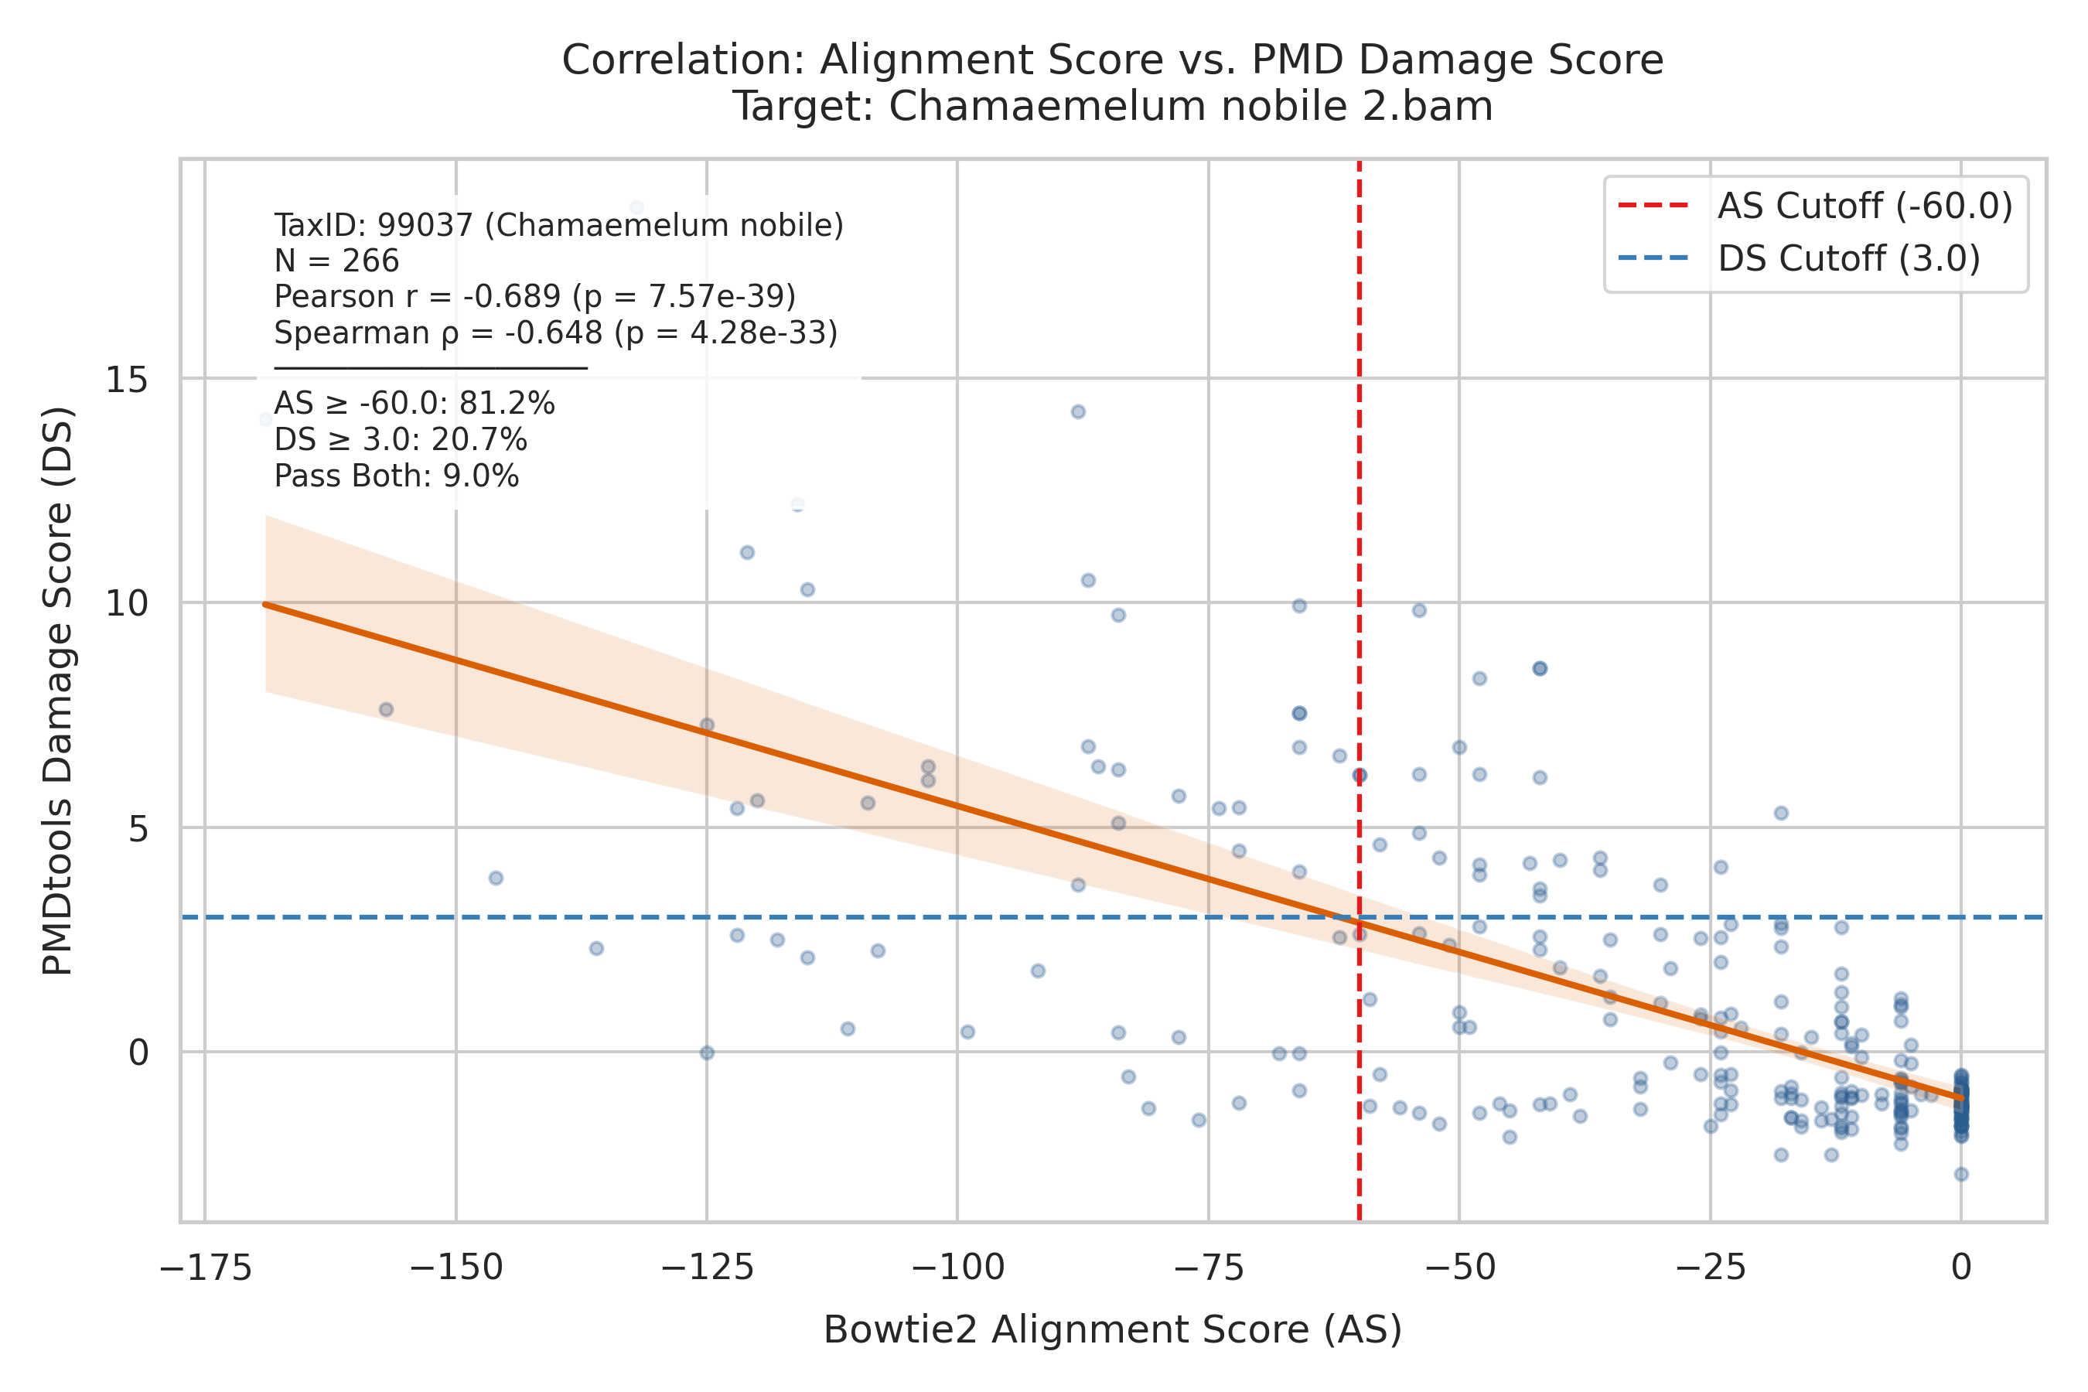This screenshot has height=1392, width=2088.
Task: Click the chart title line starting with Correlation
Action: click(x=1112, y=60)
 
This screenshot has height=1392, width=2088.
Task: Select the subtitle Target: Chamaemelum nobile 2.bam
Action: click(x=1112, y=107)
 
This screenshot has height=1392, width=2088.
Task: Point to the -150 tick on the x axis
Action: click(x=456, y=1267)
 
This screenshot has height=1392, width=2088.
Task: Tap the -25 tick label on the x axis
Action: click(x=1711, y=1267)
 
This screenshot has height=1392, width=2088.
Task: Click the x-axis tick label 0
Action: click(x=1962, y=1267)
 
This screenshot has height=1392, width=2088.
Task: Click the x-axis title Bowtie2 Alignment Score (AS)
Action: click(x=1112, y=1331)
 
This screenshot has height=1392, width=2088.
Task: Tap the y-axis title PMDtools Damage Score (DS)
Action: click(x=59, y=691)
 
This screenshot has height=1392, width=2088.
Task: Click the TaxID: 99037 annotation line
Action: click(x=558, y=226)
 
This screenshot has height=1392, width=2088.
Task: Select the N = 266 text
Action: click(x=336, y=261)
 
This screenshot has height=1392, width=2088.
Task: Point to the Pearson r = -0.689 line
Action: click(x=534, y=296)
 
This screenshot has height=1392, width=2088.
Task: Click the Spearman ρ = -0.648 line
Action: click(x=556, y=333)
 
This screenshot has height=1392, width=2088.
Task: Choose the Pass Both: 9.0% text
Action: click(x=396, y=476)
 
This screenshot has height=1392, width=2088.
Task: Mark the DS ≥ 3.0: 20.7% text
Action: click(x=401, y=440)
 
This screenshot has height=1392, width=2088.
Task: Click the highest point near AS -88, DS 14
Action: click(x=1078, y=412)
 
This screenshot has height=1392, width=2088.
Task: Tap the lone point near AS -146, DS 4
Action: click(x=496, y=878)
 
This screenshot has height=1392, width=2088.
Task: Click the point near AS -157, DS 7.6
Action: click(x=385, y=709)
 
